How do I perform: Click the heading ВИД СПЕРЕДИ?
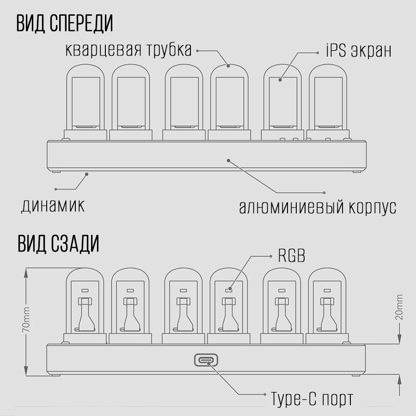click(65, 24)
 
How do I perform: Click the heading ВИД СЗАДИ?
click(59, 244)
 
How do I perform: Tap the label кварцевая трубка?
click(128, 50)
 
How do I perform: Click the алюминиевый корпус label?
click(318, 207)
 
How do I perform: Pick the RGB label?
click(291, 256)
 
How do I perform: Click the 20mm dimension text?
click(400, 309)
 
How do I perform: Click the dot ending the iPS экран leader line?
click(280, 80)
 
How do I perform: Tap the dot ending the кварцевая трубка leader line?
click(228, 66)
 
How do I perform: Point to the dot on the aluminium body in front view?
click(228, 160)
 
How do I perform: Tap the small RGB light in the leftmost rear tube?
click(84, 291)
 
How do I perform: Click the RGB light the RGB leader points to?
click(228, 291)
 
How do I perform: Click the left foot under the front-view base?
click(57, 172)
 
